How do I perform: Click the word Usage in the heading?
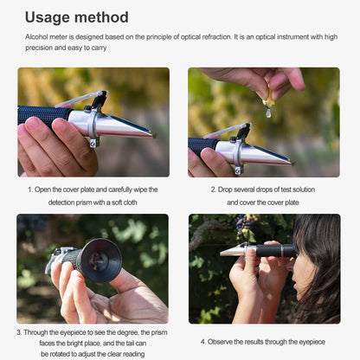(x=48, y=17)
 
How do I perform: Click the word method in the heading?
(x=102, y=17)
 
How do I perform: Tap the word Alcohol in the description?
(x=38, y=37)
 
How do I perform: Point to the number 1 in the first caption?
(x=29, y=189)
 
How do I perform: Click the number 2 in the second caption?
(x=213, y=189)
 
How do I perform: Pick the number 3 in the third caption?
(x=18, y=331)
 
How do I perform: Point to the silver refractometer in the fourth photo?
(x=239, y=250)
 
